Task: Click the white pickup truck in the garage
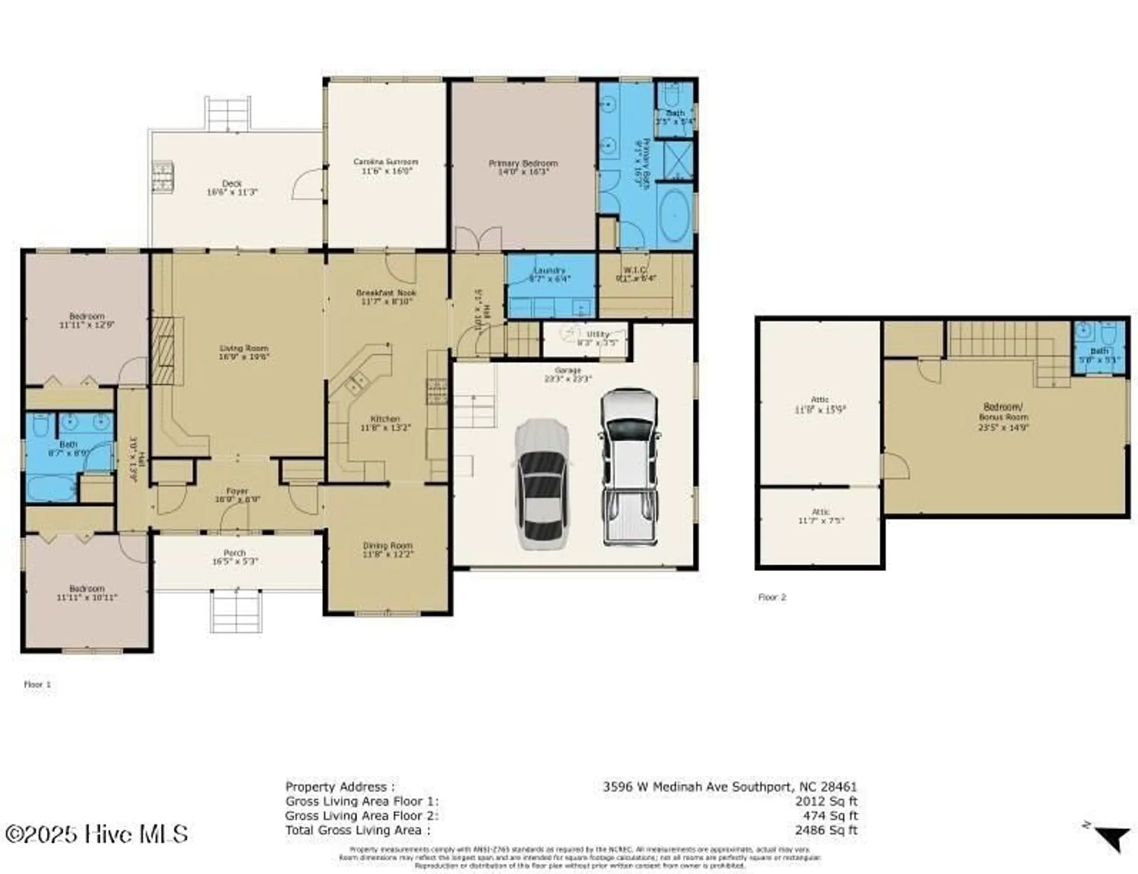tap(629, 468)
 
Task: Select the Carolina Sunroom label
tap(386, 162)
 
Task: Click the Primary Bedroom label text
tap(523, 163)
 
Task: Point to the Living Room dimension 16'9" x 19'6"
tap(244, 357)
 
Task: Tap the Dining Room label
tap(387, 545)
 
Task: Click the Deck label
tap(232, 184)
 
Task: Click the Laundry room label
tap(549, 270)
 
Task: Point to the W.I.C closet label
tap(635, 270)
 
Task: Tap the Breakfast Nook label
tap(386, 292)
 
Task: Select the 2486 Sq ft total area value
tap(826, 830)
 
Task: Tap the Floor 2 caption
tap(771, 597)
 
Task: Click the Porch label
tap(234, 552)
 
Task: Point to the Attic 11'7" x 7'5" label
tap(820, 516)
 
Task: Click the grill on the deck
tap(163, 177)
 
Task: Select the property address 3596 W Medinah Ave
tap(730, 787)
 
